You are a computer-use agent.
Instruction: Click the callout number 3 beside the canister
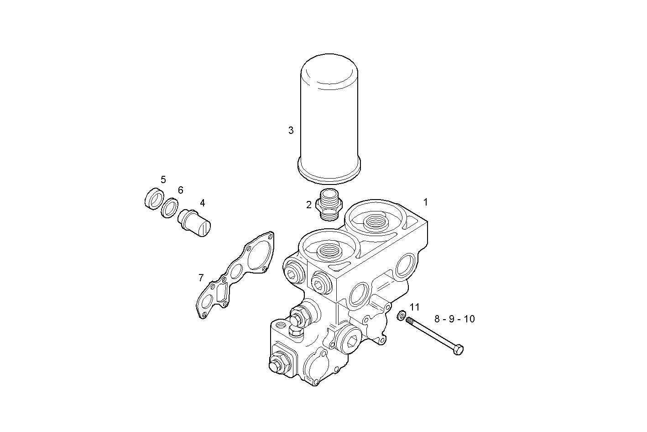[291, 131]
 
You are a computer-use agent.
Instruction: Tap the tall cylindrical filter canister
[329, 119]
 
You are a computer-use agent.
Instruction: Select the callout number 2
[309, 205]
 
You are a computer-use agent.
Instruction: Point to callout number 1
[425, 202]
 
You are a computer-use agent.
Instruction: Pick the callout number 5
[163, 179]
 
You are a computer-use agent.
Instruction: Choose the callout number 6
[180, 190]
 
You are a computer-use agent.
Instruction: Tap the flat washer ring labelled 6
[169, 208]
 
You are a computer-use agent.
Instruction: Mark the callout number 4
[202, 203]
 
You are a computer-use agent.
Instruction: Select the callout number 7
[201, 278]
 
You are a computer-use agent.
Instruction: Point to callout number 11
[414, 307]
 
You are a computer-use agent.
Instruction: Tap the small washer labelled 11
[402, 315]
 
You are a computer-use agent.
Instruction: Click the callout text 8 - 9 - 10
[454, 319]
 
